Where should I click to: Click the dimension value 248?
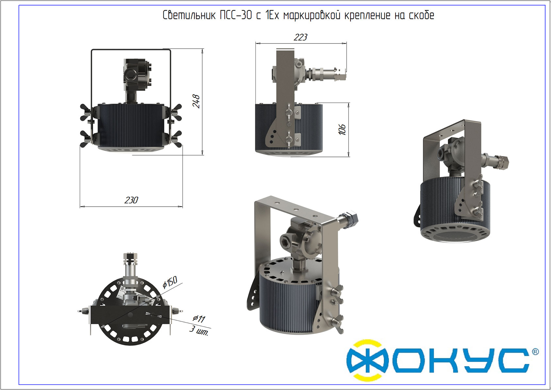196,101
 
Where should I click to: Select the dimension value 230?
131,200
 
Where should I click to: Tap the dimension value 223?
300,37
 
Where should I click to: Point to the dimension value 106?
342,130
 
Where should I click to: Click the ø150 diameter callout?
170,282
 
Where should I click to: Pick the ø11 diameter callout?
199,319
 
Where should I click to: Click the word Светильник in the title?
189,15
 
